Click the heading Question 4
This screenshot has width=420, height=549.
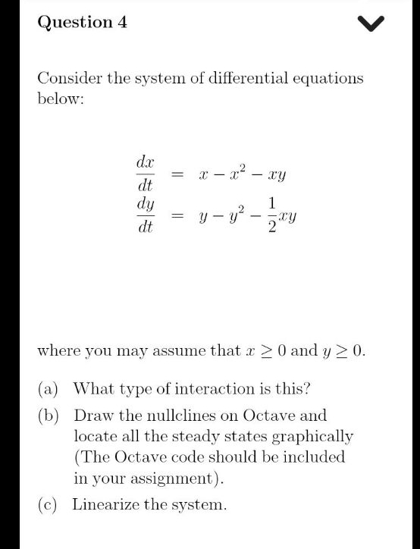[x=83, y=22]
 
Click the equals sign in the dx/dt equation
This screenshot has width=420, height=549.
[x=177, y=175]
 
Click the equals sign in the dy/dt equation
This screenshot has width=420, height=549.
[x=177, y=216]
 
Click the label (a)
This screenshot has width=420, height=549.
[x=49, y=389]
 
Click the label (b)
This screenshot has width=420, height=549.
[x=49, y=416]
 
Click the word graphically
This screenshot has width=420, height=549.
[x=312, y=437]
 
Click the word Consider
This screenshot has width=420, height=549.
[x=69, y=78]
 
